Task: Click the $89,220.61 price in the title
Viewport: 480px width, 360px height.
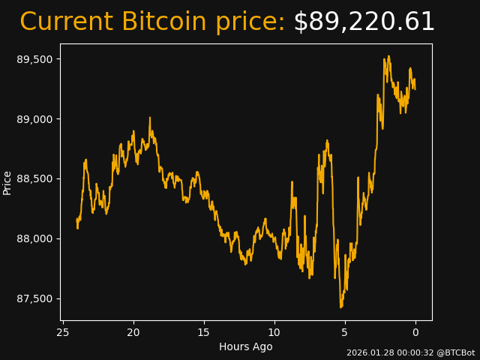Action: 364,22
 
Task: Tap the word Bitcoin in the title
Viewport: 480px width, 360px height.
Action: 163,22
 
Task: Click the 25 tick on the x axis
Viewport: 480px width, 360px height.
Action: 63,332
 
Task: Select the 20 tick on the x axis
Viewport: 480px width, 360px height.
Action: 133,332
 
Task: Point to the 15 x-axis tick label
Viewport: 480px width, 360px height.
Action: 204,332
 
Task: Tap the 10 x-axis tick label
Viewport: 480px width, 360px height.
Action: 274,332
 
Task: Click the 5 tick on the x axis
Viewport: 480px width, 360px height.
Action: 345,332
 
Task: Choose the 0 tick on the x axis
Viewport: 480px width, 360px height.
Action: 415,332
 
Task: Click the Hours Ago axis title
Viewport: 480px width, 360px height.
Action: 245,346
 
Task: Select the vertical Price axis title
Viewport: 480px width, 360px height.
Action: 7,182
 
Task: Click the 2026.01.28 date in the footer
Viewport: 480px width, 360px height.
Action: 367,352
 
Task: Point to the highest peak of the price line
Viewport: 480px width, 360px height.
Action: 388,55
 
